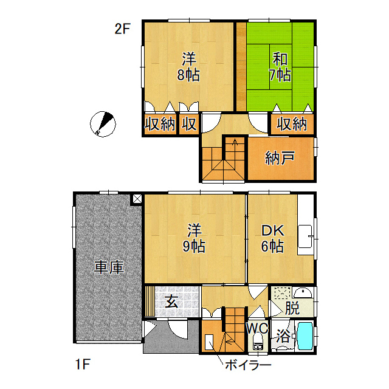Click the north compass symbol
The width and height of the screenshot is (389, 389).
click(x=103, y=124)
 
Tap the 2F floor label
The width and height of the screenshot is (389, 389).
click(x=122, y=29)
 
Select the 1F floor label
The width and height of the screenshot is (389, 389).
click(x=83, y=364)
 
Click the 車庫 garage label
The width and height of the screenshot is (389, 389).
click(x=109, y=267)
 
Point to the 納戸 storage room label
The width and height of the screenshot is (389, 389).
click(x=280, y=157)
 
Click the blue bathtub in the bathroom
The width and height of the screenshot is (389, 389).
click(x=305, y=336)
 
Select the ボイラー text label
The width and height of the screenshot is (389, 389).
click(x=248, y=365)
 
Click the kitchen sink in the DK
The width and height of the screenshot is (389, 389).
click(x=305, y=236)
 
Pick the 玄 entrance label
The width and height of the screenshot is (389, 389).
click(x=171, y=302)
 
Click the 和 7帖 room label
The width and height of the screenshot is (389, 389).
click(x=280, y=67)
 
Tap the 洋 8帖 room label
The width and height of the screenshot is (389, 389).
click(x=188, y=67)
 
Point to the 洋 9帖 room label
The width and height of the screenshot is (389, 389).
click(x=194, y=238)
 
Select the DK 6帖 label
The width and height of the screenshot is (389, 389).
click(x=273, y=238)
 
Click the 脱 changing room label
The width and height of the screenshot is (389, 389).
click(x=292, y=308)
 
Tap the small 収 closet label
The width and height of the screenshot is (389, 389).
click(x=189, y=124)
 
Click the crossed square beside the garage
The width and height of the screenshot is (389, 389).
click(x=137, y=199)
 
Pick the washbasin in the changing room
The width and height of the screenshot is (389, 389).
click(x=303, y=293)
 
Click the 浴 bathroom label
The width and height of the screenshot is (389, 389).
click(x=283, y=336)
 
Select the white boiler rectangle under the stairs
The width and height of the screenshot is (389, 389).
click(x=209, y=342)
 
